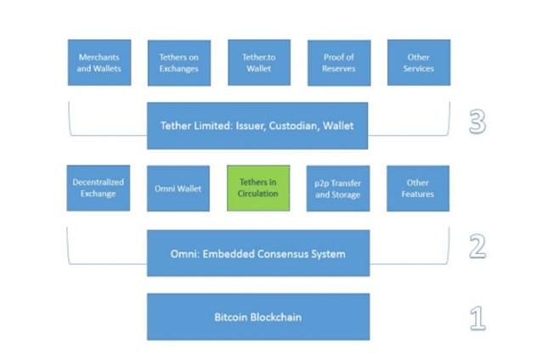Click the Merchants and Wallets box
[99, 62]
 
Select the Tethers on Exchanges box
[178, 62]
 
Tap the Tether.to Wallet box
[258, 62]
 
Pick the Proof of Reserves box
[338, 62]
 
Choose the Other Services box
[418, 62]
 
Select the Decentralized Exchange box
[99, 188]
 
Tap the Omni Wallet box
[178, 188]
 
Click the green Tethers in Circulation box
[258, 188]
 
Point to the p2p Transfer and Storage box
[338, 188]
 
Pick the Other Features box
[418, 188]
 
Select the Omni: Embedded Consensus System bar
[257, 253]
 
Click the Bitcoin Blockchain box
[257, 317]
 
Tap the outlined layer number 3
[478, 122]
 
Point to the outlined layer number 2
[478, 247]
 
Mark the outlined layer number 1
[478, 318]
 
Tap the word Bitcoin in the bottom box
[232, 317]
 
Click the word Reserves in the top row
[338, 68]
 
